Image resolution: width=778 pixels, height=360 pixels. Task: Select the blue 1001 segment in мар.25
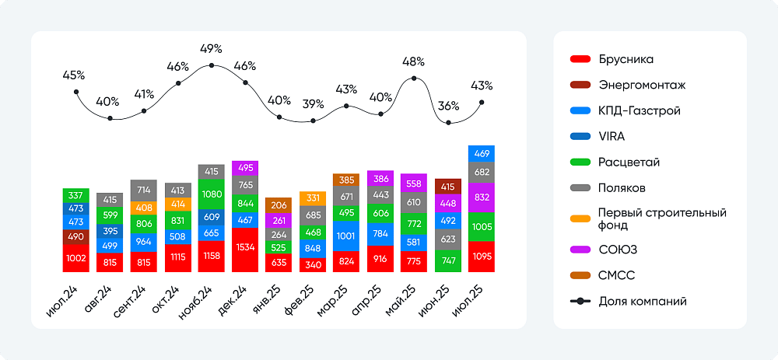coord(346,236)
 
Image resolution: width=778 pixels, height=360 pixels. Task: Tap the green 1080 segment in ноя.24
coord(212,194)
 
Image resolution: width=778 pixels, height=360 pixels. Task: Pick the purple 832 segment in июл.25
coord(482,197)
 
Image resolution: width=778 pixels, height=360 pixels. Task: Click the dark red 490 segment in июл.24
coord(75,237)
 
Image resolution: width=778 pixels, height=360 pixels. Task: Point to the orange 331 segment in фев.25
coord(313,198)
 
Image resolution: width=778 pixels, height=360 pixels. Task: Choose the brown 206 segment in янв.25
coord(279,205)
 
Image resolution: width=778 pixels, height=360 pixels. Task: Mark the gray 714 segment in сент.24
coord(144,190)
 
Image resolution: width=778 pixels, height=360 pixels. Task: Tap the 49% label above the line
coord(212,48)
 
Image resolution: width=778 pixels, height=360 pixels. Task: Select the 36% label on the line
coord(448,106)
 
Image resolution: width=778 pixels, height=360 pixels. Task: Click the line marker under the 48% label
coord(414,79)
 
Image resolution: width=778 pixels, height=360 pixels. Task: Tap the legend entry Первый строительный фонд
coord(661,218)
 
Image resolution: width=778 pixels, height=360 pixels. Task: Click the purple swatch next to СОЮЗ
coord(580,250)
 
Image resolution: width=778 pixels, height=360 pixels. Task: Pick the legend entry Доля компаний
coord(643,301)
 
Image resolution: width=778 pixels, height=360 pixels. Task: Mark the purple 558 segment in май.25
coord(414,183)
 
